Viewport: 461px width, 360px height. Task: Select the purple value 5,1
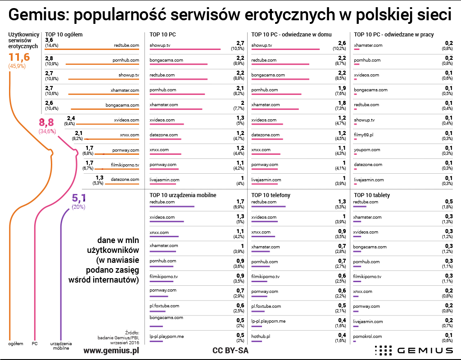pyautogui.click(x=79, y=198)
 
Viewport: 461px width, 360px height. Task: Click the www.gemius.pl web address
pyautogui.click(x=111, y=350)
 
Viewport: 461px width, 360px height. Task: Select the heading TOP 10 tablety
pyautogui.click(x=372, y=195)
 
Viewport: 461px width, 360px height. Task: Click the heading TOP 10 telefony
pyautogui.click(x=271, y=195)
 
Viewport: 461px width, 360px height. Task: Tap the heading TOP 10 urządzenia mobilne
pyautogui.click(x=183, y=195)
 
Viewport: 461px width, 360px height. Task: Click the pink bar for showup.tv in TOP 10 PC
pyautogui.click(x=185, y=49)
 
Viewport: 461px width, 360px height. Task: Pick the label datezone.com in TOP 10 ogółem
pyautogui.click(x=125, y=180)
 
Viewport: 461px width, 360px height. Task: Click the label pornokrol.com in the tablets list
pyautogui.click(x=368, y=336)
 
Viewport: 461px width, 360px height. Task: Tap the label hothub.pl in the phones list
pyautogui.click(x=260, y=336)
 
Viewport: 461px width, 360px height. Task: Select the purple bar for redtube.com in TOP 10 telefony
pyautogui.click(x=268, y=207)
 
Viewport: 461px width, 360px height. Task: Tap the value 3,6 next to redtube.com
pyautogui.click(x=50, y=40)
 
